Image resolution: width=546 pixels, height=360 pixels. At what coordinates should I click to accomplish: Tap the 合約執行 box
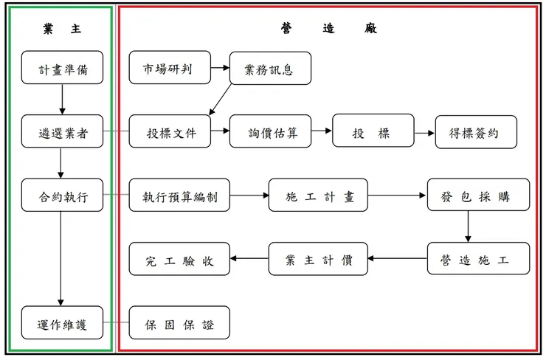click(x=62, y=195)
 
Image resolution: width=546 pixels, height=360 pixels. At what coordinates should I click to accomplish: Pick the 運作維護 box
click(x=62, y=322)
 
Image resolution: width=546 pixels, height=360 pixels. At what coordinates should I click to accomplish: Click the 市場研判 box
click(x=170, y=68)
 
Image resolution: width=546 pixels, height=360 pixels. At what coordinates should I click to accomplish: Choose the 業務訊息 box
click(x=270, y=68)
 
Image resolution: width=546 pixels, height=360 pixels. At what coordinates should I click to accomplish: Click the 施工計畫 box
click(x=318, y=195)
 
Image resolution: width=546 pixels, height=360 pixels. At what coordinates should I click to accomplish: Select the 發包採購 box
click(x=478, y=195)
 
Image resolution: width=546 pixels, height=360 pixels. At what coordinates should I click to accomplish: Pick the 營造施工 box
click(x=478, y=259)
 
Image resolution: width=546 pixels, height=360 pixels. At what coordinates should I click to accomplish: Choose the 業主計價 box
click(x=318, y=259)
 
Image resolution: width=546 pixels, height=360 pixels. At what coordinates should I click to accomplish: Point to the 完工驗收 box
click(x=181, y=259)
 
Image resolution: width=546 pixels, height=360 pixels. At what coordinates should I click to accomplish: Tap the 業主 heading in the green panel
click(x=62, y=27)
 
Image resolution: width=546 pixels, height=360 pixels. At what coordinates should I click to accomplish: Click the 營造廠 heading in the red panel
click(x=328, y=27)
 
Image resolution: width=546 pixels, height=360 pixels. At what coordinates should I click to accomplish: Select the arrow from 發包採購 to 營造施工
click(x=468, y=226)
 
